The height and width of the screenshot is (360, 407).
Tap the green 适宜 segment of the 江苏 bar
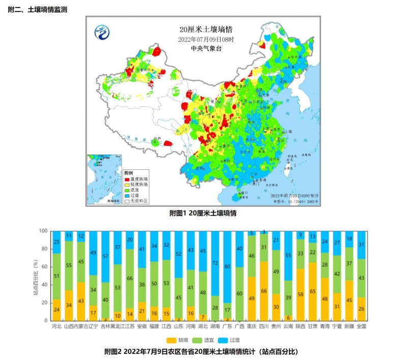pos(129,278)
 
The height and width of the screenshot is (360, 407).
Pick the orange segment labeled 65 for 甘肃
pos(312,291)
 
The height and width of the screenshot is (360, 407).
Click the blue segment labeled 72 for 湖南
pos(215,263)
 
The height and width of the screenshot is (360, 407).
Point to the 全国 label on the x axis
pos(361,326)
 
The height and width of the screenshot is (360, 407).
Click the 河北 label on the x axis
pos(56,326)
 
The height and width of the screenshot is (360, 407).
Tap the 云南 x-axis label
pos(288,326)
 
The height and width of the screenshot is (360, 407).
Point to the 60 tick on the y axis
pos(43,266)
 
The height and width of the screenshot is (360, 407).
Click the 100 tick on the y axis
pos(42,230)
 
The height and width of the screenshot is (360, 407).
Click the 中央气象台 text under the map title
pos(203,48)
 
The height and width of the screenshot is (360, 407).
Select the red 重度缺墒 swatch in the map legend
pos(127,179)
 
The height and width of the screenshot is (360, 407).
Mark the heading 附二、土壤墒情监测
pos(38,10)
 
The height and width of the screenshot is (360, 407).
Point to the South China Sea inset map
pos(104,179)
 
